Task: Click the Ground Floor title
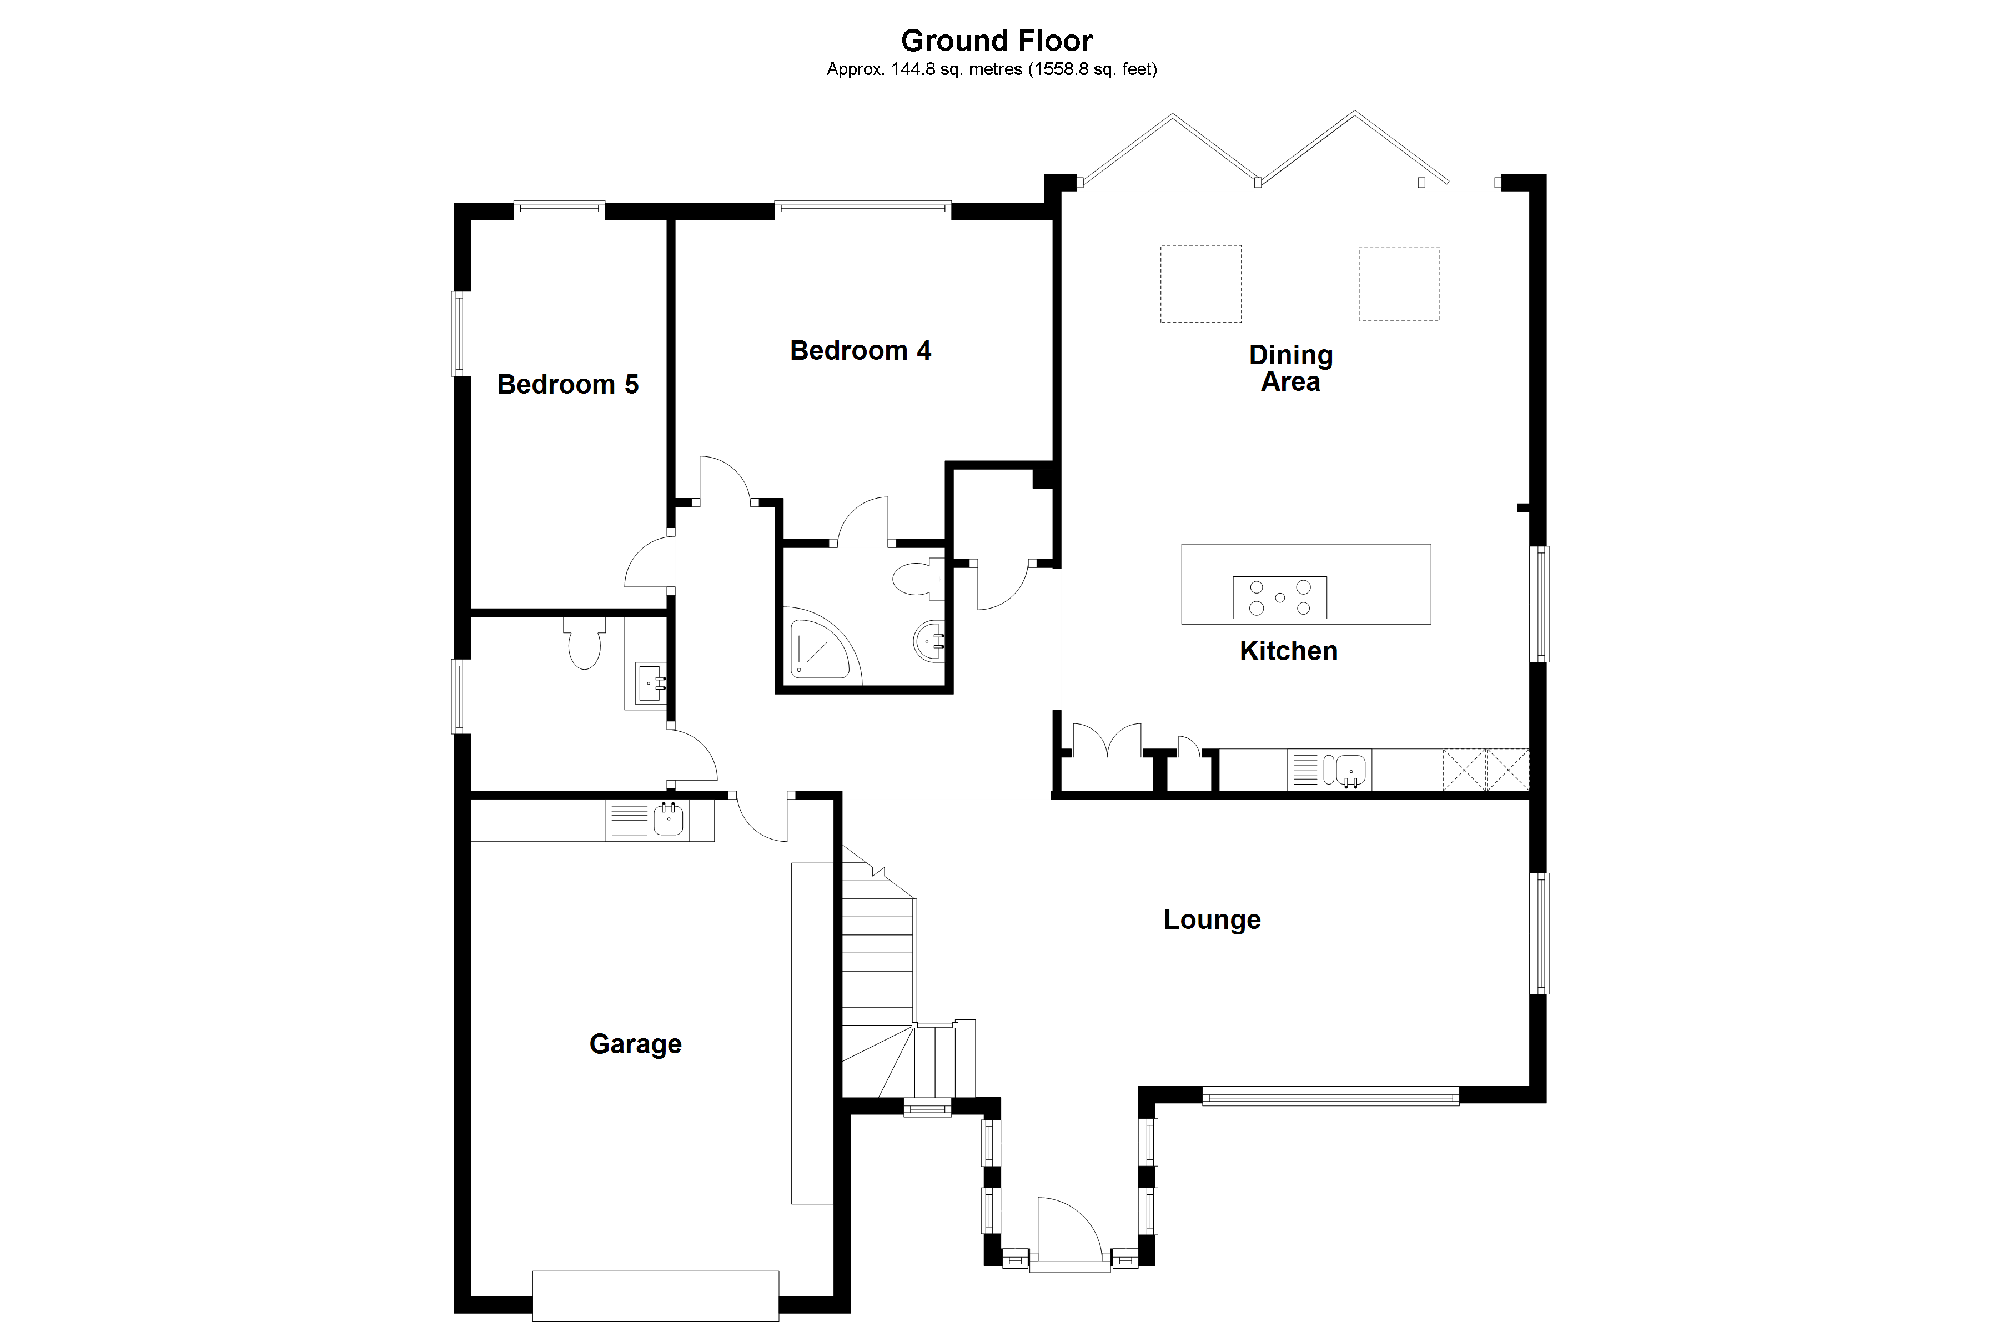point(997,40)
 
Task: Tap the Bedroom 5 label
point(567,384)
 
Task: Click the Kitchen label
point(1288,651)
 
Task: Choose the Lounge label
point(1212,920)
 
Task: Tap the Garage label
point(635,1044)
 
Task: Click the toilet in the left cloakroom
point(584,642)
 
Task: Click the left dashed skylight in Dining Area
point(1201,284)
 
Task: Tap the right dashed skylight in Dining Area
point(1399,284)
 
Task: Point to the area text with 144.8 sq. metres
point(992,69)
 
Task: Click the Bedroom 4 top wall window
point(863,210)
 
